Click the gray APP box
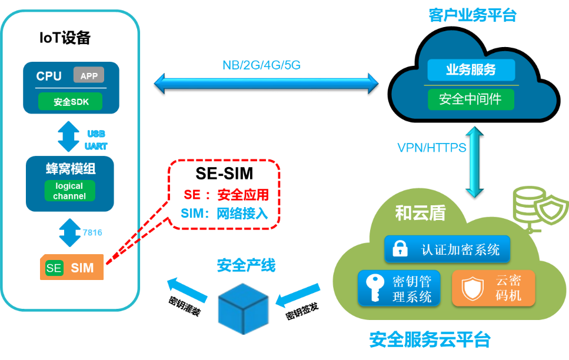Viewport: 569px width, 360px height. (89, 75)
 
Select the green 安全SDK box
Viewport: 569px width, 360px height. (71, 102)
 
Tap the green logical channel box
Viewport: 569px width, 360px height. (69, 191)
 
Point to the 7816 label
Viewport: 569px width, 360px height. (92, 233)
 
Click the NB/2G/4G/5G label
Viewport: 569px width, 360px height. (261, 65)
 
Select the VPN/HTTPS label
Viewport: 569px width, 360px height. (431, 147)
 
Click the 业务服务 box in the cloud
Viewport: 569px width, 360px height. (471, 70)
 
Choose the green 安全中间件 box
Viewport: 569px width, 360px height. (471, 99)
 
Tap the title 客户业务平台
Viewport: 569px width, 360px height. (472, 15)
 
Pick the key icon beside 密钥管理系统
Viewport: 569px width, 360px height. (373, 287)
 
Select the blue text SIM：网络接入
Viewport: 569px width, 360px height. (224, 214)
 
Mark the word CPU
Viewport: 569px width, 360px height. (49, 76)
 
